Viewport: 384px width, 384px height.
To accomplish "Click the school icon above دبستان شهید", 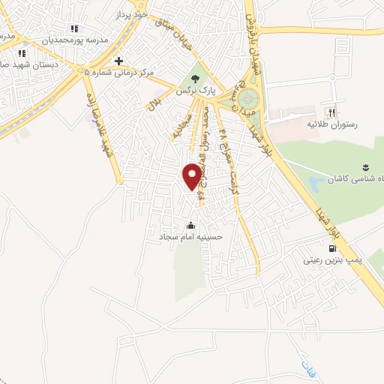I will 22,53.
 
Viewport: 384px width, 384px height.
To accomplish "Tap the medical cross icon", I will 118,61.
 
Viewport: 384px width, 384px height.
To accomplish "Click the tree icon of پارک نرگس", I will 196,77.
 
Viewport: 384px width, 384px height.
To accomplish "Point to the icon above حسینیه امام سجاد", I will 191,225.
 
